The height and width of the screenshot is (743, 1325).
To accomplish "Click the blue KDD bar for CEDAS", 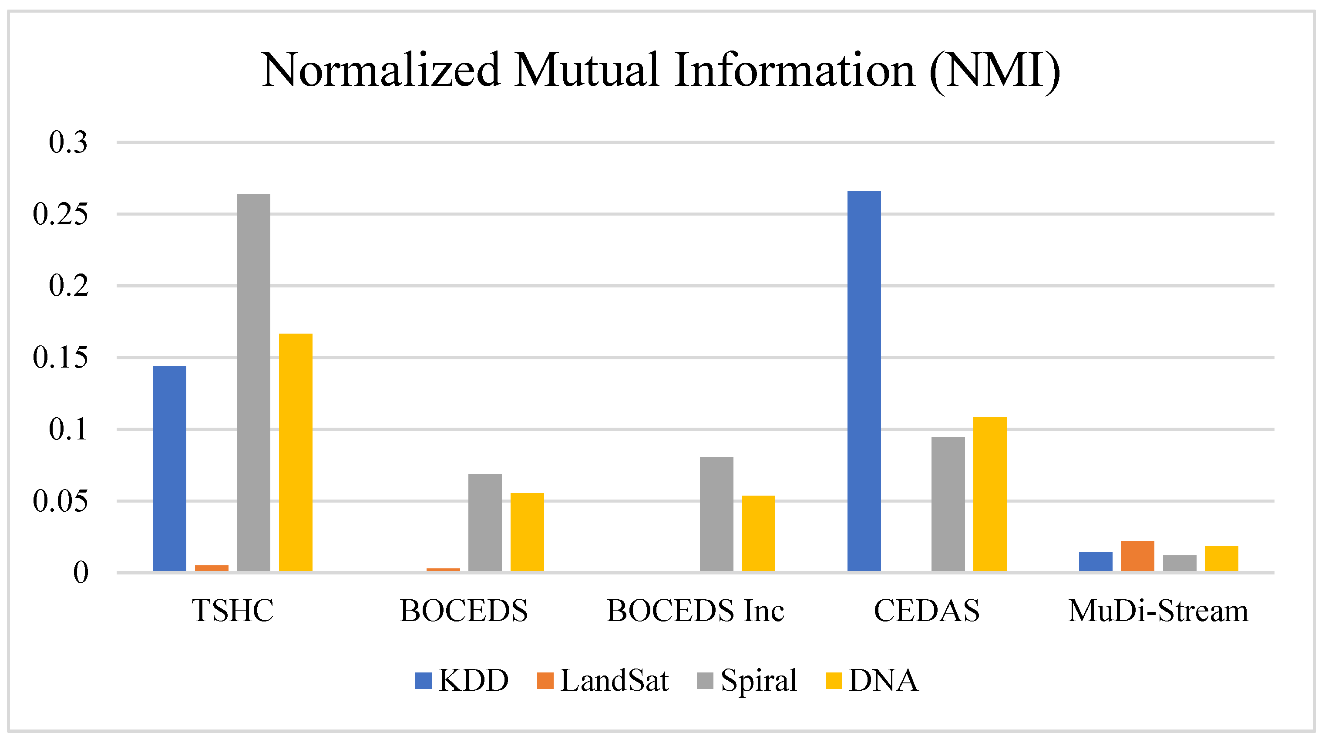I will (x=864, y=381).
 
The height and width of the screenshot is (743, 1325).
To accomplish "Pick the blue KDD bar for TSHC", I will (x=170, y=468).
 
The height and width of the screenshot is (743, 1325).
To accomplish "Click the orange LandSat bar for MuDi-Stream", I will (x=1137, y=556).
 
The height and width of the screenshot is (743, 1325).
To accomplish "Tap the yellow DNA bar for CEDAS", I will (x=990, y=493).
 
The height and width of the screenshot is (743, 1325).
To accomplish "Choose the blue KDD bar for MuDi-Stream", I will (x=1096, y=561).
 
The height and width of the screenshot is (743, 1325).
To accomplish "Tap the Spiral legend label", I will (x=759, y=680).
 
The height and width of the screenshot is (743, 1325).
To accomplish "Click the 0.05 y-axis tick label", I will (x=60, y=501).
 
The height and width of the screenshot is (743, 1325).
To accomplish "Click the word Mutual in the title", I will (x=587, y=70).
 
